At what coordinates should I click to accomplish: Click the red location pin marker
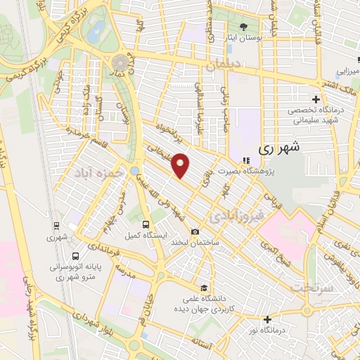point(181,165)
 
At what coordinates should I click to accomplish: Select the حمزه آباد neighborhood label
point(91,172)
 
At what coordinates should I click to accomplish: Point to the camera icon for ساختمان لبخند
point(195,232)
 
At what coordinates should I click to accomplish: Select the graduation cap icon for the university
point(203,288)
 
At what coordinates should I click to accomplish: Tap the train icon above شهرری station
point(56,226)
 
